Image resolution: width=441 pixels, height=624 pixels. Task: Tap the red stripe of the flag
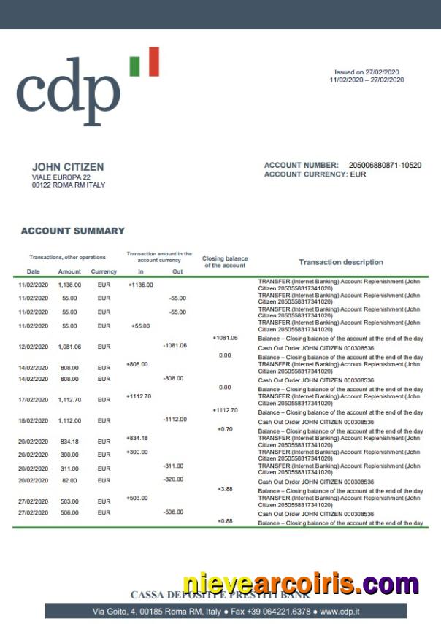[x=153, y=62]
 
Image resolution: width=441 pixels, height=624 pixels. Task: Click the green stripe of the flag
[x=134, y=65]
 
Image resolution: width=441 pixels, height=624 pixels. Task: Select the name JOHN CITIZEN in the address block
[x=68, y=167]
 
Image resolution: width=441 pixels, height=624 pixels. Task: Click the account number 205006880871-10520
[x=385, y=166]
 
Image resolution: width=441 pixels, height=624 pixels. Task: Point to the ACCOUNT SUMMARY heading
[x=73, y=231]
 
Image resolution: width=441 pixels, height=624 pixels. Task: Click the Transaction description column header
[x=341, y=262]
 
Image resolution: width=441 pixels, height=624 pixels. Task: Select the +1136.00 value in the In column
[x=140, y=285]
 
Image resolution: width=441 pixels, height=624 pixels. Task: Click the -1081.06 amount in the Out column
[x=175, y=345]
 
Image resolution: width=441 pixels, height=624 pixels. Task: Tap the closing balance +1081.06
[x=225, y=338]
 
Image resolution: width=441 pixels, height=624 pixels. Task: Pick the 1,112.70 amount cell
[x=69, y=400]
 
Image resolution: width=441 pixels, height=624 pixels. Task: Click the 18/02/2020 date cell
[x=33, y=421]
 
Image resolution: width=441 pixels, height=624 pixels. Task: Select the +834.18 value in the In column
[x=137, y=438]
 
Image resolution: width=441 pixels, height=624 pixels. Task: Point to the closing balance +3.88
[x=225, y=489]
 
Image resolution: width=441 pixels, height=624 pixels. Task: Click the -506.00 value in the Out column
[x=175, y=512]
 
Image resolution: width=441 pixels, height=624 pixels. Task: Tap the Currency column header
[x=104, y=272]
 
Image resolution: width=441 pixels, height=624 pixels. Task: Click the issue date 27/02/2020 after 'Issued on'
[x=386, y=72]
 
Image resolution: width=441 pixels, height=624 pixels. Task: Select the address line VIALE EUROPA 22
[x=61, y=177]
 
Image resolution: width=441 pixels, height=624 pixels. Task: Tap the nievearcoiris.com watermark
[x=301, y=585]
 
